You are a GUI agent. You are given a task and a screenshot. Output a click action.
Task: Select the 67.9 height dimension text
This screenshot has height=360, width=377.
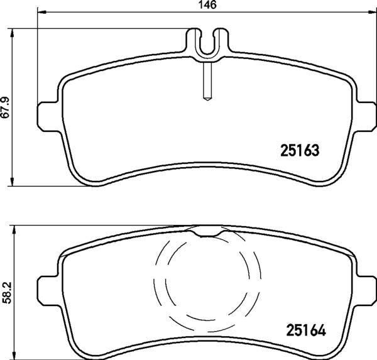coord(6,107)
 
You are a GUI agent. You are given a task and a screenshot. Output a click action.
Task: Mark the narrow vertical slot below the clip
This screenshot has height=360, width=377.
coord(207,81)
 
